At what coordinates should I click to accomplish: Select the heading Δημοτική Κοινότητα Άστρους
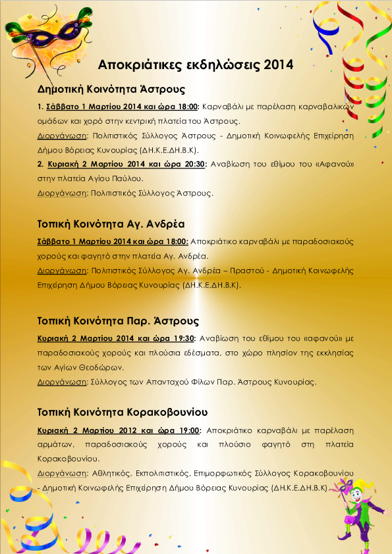(x=111, y=89)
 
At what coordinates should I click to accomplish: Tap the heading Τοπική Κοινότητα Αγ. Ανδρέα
(x=110, y=221)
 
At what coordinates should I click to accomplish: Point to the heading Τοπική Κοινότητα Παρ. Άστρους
(x=118, y=321)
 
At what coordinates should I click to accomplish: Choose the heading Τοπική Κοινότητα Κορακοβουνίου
(x=123, y=413)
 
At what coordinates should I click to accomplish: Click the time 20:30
(x=191, y=164)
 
